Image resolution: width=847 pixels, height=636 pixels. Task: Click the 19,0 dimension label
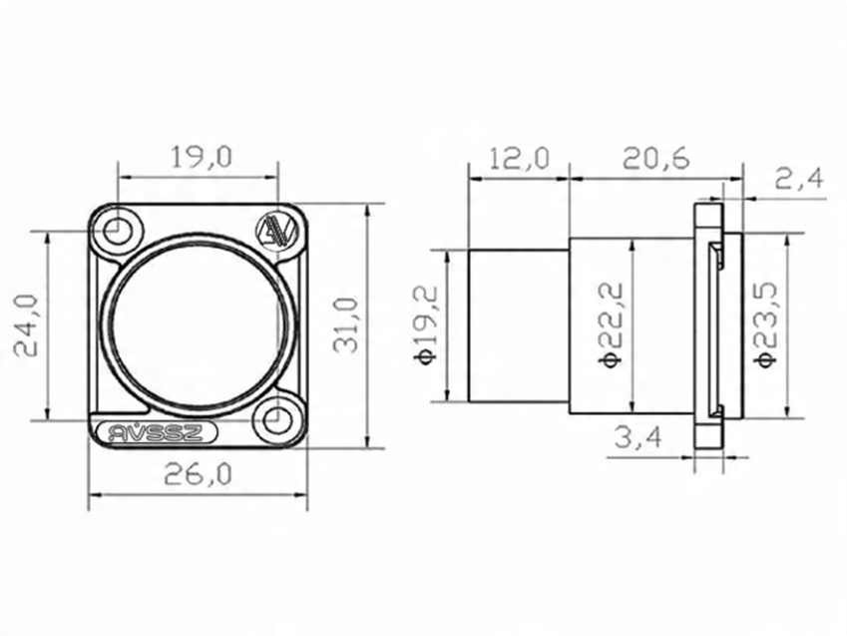click(202, 157)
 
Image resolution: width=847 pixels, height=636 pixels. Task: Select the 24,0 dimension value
click(26, 325)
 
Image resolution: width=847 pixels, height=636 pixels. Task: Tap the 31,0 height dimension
click(346, 325)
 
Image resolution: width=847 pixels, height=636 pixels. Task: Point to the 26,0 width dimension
click(198, 474)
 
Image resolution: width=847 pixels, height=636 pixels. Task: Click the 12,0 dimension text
click(519, 159)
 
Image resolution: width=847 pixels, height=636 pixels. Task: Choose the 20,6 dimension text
click(655, 159)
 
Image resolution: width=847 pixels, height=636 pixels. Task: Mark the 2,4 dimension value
click(800, 178)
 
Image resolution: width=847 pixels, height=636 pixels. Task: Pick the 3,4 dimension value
click(637, 437)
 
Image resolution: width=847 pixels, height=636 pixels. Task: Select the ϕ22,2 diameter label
click(611, 324)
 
